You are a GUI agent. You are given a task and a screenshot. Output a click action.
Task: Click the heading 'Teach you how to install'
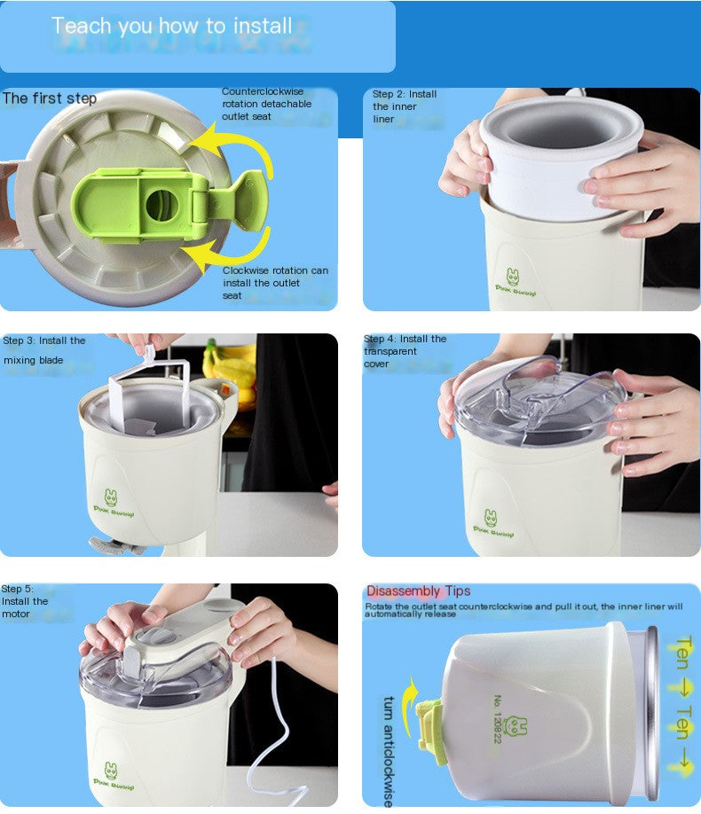click(171, 26)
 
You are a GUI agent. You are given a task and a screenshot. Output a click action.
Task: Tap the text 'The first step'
click(50, 98)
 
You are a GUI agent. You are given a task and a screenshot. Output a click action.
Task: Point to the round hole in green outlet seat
click(161, 205)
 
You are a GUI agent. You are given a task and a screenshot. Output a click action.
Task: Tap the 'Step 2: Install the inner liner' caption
click(405, 106)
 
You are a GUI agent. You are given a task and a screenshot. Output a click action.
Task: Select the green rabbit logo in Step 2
click(512, 277)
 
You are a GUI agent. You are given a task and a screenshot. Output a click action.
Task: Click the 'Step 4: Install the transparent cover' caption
click(405, 351)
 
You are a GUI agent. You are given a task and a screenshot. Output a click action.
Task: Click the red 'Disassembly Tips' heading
click(418, 591)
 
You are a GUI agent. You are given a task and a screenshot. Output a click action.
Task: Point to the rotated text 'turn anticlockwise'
click(388, 750)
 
